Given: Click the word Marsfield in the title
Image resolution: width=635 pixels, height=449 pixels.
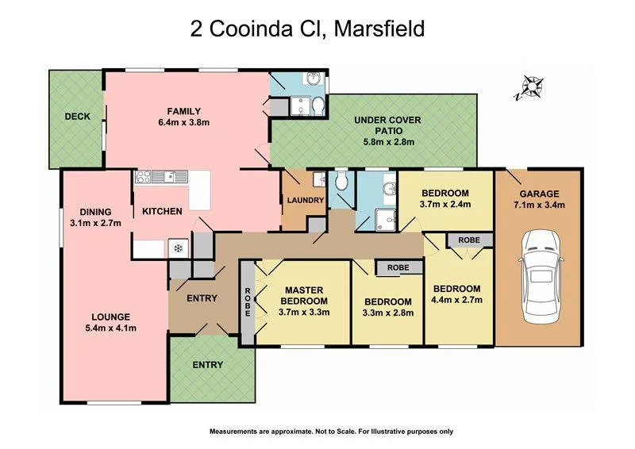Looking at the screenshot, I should pyautogui.click(x=379, y=30).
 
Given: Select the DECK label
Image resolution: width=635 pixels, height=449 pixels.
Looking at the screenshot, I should pyautogui.click(x=77, y=117).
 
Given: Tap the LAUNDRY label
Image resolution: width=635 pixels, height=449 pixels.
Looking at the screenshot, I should pyautogui.click(x=306, y=201).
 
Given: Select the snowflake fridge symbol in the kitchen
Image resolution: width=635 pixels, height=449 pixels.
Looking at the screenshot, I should pyautogui.click(x=178, y=248).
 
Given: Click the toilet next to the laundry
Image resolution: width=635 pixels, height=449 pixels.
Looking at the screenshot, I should pyautogui.click(x=341, y=183).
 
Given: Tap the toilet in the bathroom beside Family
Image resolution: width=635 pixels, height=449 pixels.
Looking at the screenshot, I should pyautogui.click(x=317, y=106).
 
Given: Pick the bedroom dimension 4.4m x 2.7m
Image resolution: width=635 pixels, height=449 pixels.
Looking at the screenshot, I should pyautogui.click(x=457, y=300).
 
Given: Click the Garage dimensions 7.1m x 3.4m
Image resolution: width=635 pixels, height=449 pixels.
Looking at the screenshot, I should pyautogui.click(x=539, y=205).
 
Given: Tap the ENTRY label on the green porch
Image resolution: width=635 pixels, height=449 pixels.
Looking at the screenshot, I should pyautogui.click(x=207, y=365).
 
